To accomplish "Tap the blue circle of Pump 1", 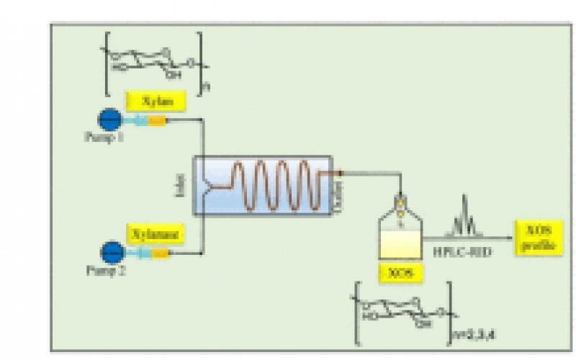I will click(x=109, y=120).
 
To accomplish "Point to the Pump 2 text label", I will click(x=112, y=269).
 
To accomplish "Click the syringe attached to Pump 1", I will click(x=147, y=120).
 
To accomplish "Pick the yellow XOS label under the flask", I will click(x=401, y=273).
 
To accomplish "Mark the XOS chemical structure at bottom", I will click(x=403, y=313).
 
